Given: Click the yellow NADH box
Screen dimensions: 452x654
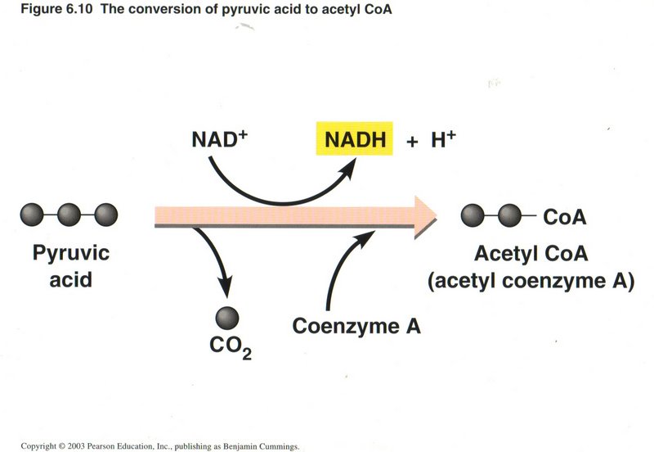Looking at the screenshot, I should [355, 140].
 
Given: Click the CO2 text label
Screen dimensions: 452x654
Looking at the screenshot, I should [229, 348].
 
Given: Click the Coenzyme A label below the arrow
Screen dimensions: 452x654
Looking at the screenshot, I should [356, 326].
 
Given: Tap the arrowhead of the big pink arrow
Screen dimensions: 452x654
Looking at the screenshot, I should [425, 216].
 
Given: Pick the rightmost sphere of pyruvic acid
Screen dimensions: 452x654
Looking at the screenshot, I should [105, 216].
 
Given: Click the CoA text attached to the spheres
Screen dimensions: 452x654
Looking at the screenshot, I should [564, 217].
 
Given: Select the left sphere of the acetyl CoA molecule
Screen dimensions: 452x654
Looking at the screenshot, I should [473, 216].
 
